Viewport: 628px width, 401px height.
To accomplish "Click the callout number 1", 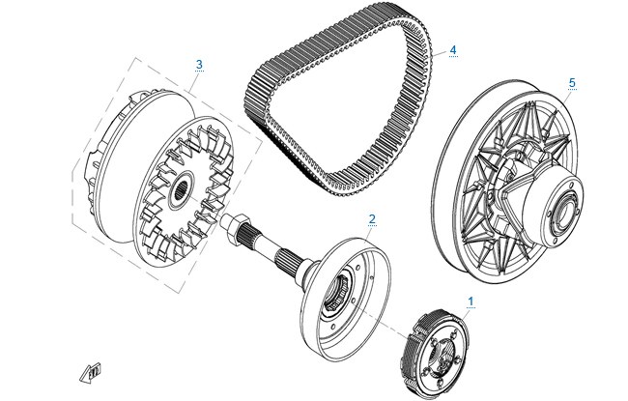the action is coord(471,301).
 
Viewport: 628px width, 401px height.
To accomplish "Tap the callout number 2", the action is coord(372,219).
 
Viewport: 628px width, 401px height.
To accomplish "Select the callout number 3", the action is coord(199,64).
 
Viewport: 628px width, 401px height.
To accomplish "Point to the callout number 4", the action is coord(453,50).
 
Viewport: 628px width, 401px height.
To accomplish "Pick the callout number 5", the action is coord(572,83).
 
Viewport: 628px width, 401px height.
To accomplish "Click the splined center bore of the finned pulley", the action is coord(184,189).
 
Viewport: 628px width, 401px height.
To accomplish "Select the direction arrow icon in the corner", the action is coord(91,373).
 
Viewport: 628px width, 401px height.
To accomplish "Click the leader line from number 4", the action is coord(440,54).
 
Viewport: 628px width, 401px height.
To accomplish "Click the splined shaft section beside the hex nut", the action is coord(251,232).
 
